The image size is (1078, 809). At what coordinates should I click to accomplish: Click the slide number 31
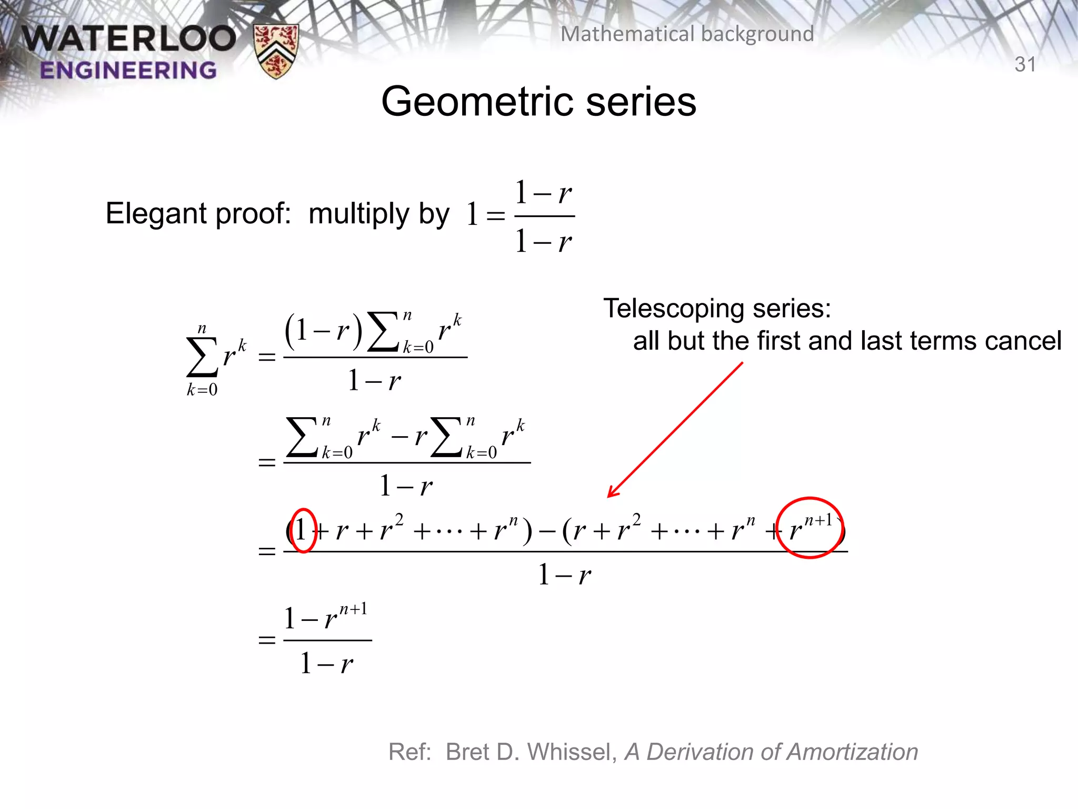pos(1025,64)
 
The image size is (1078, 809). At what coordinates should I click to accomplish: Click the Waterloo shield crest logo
pos(276,51)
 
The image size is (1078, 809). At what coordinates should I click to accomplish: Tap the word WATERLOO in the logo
pos(129,38)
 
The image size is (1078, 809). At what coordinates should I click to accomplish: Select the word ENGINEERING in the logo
pos(128,70)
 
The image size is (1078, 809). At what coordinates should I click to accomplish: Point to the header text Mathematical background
pos(687,34)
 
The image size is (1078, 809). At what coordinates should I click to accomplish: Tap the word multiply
pos(358,214)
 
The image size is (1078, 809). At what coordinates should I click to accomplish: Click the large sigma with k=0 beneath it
pos(202,358)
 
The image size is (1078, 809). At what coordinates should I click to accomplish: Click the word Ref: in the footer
pos(410,752)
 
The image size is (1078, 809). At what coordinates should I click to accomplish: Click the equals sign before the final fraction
pos(267,640)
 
